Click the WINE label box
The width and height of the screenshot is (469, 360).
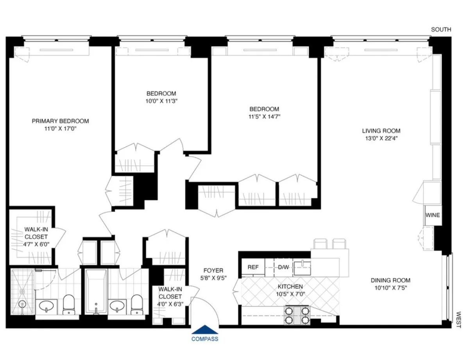432,215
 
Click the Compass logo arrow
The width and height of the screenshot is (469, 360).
205,330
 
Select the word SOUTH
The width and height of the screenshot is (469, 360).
441,30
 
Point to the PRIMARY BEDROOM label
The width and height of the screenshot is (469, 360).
60,121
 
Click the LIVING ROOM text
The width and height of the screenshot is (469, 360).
381,131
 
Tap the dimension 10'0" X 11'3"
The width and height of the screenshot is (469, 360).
161,101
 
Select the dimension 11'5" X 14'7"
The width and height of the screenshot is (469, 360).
265,116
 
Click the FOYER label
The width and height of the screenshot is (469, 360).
213,270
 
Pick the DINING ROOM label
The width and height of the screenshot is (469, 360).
390,280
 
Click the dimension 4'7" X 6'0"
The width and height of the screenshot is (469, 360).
36,244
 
